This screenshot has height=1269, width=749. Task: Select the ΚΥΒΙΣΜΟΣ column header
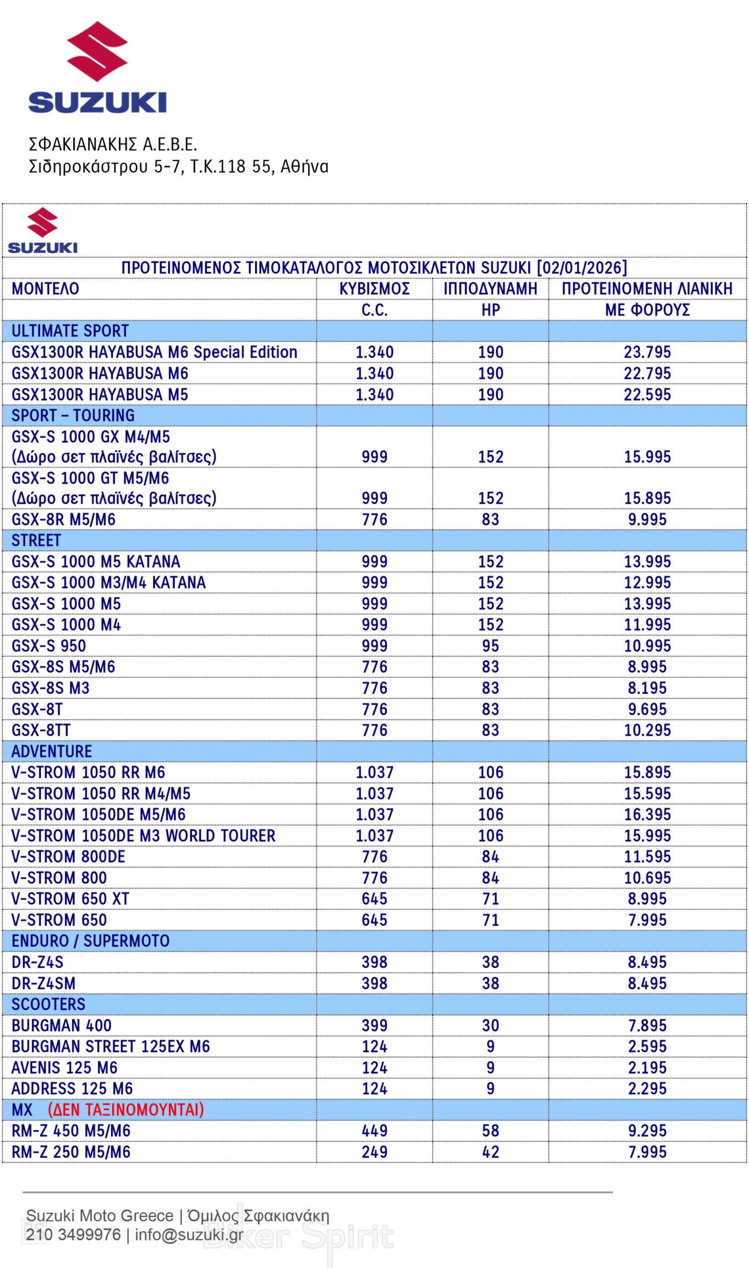pos(374,289)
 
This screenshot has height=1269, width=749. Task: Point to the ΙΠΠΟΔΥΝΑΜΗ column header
pos(490,289)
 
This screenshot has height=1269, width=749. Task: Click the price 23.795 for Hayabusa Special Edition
pos(647,352)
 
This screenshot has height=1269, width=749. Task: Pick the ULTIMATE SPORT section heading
pos(70,331)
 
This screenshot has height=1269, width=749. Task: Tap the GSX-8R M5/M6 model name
pos(63,519)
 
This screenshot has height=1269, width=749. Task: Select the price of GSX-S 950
pos(647,646)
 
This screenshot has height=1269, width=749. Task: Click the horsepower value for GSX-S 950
pos(490,646)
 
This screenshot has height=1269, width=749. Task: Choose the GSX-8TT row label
pos(41,730)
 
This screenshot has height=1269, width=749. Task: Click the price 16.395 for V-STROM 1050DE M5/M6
pos(647,814)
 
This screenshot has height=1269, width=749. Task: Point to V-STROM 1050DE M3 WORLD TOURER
pos(143,836)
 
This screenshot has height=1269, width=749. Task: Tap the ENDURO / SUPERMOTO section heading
pos(90,941)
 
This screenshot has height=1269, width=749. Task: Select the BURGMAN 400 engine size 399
pos(374,1026)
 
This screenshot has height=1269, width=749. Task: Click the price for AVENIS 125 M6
pos(647,1068)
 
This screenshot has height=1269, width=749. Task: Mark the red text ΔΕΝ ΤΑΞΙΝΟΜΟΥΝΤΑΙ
pos(126,1110)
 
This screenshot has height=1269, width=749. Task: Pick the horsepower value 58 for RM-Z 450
pos(490,1131)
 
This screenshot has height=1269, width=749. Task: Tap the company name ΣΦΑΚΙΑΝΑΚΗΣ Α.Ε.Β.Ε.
pos(112,145)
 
